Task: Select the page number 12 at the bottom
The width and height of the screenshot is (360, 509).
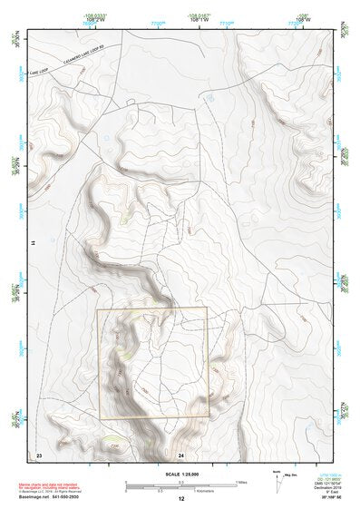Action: [181, 499]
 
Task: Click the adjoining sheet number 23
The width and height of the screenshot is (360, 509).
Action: [38, 453]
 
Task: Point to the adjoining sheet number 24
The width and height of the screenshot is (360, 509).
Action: [181, 453]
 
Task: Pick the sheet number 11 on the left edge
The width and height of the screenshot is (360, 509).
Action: [33, 244]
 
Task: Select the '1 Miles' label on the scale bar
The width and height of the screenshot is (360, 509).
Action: [242, 481]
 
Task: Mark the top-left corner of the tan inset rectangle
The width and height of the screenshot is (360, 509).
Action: [98, 308]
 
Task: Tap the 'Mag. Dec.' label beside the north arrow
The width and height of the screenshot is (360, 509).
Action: [291, 474]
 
